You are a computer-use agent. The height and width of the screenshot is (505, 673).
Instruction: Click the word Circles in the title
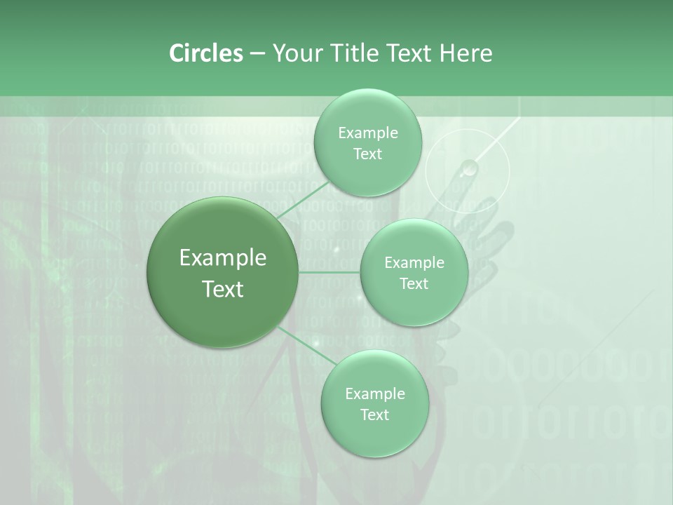pyautogui.click(x=205, y=53)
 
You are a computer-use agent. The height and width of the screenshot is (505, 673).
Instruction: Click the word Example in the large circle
pyautogui.click(x=223, y=258)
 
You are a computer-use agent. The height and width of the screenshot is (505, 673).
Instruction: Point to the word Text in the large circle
pyautogui.click(x=223, y=289)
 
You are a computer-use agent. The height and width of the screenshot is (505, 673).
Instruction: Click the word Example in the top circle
pyautogui.click(x=367, y=133)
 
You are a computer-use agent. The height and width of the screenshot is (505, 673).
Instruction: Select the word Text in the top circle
pyautogui.click(x=367, y=154)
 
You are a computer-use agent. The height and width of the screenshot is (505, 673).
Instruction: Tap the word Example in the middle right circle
pyautogui.click(x=414, y=263)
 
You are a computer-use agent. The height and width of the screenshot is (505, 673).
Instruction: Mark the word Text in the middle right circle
pyautogui.click(x=414, y=284)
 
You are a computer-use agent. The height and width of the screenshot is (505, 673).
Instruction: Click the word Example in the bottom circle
pyautogui.click(x=374, y=394)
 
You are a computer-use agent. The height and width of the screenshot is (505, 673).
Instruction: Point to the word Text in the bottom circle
pyautogui.click(x=374, y=415)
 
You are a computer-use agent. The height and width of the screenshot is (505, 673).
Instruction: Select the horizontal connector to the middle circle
pyautogui.click(x=329, y=272)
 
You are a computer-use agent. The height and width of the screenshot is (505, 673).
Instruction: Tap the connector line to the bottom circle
pyautogui.click(x=306, y=346)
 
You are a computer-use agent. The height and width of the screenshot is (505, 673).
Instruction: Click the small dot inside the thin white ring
pyautogui.click(x=468, y=168)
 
